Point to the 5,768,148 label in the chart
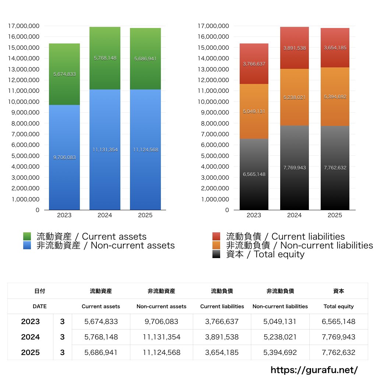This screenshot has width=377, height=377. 105,58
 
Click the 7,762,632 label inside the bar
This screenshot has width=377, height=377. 335,168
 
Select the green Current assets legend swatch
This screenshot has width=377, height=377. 27,236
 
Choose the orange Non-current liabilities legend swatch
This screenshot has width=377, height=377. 216,246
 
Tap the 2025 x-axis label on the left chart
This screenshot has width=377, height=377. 145,215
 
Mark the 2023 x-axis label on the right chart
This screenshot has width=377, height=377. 254,215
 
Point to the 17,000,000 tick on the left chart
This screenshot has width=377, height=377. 23,26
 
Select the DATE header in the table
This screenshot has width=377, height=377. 39,306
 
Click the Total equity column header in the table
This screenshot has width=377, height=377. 338,306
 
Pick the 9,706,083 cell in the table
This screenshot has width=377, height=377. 162,321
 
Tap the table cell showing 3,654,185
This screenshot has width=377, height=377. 222,352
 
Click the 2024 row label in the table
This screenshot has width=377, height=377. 30,337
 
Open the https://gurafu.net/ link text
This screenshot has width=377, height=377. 314,370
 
